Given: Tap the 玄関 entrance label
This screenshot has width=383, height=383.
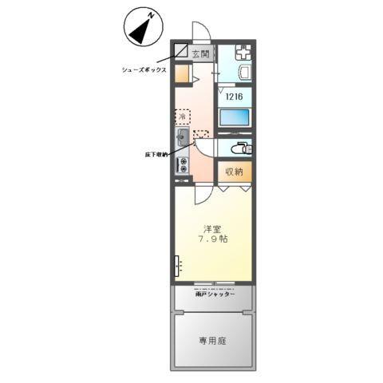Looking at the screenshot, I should pos(200,54).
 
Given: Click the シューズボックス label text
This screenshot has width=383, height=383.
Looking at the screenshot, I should pos(144,69).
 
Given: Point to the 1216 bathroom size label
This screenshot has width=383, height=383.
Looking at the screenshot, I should pos(234,97).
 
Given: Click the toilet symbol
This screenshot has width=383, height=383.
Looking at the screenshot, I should pos(237,148).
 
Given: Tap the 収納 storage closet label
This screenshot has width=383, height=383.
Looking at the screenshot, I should pos(233,172).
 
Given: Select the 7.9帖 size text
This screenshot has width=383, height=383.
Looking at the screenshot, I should pos(212,239).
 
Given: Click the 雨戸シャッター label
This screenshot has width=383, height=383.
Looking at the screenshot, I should pos(215,294).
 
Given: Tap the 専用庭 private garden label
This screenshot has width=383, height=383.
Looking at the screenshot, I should pos(213,341).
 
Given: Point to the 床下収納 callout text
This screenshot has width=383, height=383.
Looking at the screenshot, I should pos(156,153).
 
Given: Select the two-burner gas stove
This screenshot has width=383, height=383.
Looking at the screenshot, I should pos(183,165).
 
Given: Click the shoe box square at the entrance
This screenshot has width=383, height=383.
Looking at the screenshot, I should pos(182,52).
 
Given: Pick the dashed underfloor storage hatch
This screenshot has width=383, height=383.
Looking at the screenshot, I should pos(200,135).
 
